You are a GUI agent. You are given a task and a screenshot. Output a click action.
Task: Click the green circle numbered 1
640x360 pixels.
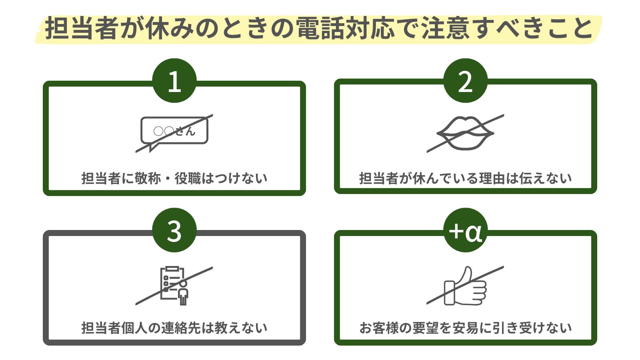pyautogui.click(x=174, y=81)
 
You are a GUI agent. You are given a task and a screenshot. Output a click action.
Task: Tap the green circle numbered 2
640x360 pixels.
pyautogui.click(x=465, y=81)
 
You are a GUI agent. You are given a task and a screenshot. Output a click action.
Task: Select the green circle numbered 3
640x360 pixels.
pyautogui.click(x=174, y=230)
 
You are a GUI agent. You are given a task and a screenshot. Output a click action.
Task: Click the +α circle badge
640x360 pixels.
pyautogui.click(x=465, y=230)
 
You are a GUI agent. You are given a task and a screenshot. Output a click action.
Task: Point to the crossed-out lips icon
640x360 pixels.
pyautogui.click(x=465, y=133)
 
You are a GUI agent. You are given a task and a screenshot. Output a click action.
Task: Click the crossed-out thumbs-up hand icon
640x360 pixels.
pyautogui.click(x=465, y=286)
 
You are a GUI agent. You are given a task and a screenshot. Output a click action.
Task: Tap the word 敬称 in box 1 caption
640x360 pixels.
pyautogui.click(x=148, y=178)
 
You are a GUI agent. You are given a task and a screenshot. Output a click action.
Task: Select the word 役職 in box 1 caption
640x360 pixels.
pyautogui.click(x=188, y=178)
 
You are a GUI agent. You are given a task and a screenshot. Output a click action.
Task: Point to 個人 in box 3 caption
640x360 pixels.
pyautogui.click(x=134, y=328)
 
